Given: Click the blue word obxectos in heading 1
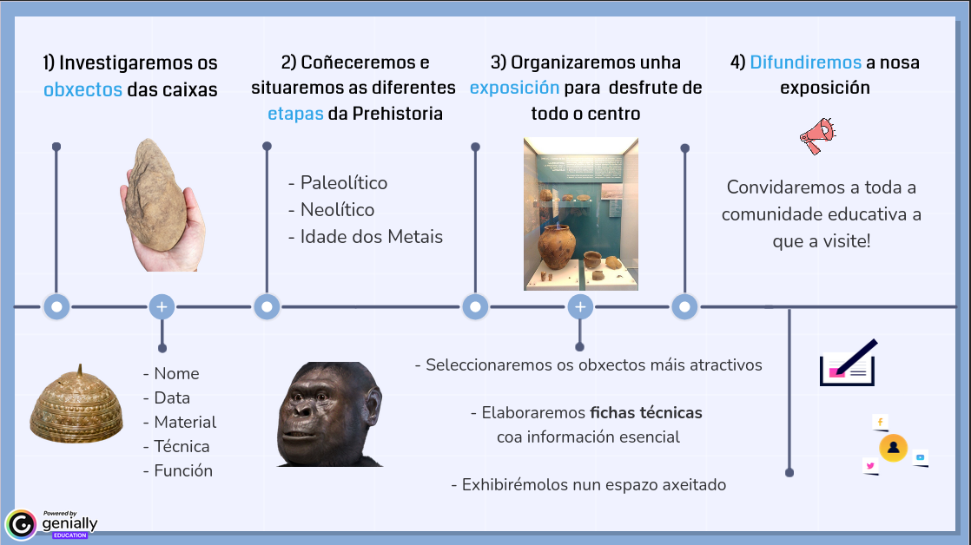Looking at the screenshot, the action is click(x=83, y=89).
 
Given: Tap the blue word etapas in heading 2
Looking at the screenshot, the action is click(x=295, y=114).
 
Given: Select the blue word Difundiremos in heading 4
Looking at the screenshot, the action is click(x=806, y=62).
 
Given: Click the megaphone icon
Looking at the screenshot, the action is click(x=817, y=135).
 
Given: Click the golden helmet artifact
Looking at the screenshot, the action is click(x=76, y=406).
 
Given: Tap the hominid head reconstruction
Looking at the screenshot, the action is click(x=330, y=414).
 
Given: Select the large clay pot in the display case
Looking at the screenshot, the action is click(x=556, y=246).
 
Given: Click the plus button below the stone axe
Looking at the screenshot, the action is click(x=162, y=307).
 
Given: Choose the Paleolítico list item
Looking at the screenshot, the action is click(x=344, y=183).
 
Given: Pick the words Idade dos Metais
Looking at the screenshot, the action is click(x=372, y=237).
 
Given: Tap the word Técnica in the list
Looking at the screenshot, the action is click(x=182, y=447).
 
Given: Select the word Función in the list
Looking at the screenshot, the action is click(x=183, y=470).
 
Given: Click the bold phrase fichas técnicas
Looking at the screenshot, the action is click(x=646, y=412).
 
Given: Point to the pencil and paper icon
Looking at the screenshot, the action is click(x=849, y=363).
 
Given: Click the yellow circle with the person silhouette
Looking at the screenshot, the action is click(x=893, y=447).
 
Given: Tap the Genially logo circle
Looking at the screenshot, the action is click(x=21, y=525).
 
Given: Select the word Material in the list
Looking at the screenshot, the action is click(x=185, y=423).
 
